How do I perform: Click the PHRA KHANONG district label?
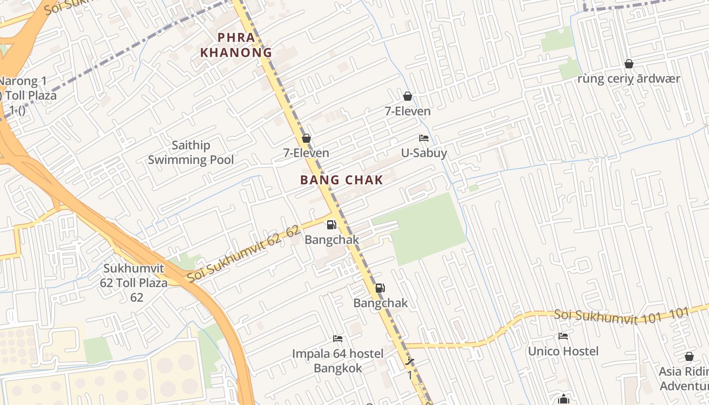(x=236, y=45)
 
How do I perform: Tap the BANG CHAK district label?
(x=341, y=180)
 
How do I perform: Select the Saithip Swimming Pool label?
(x=191, y=153)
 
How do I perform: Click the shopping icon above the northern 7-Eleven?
(x=408, y=96)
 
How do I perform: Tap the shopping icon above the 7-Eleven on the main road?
(x=306, y=138)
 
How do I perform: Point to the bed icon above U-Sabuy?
(x=424, y=138)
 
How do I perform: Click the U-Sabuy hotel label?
(x=424, y=152)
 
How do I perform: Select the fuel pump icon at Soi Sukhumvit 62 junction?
(x=331, y=224)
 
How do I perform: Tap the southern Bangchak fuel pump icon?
(x=380, y=288)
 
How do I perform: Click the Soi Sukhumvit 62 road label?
(x=243, y=255)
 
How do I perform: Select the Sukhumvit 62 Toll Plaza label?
(x=135, y=282)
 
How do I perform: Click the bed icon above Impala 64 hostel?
(x=338, y=338)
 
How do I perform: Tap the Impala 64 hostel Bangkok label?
(x=338, y=360)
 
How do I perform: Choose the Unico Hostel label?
(x=563, y=351)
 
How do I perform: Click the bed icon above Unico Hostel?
(x=563, y=336)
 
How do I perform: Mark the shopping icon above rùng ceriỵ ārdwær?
(x=629, y=64)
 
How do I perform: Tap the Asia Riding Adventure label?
(x=684, y=379)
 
